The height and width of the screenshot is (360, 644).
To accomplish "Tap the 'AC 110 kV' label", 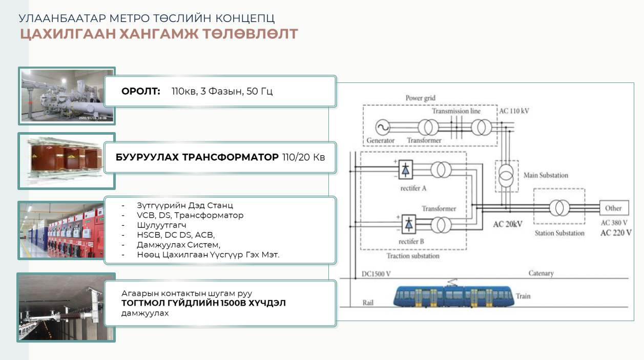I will point(515,111).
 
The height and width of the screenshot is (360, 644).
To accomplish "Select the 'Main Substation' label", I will point(546,175).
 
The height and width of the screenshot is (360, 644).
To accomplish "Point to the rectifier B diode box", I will point(408,224).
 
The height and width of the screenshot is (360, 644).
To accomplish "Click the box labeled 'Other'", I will point(613,208).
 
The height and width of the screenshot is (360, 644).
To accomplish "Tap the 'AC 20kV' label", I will point(507,224).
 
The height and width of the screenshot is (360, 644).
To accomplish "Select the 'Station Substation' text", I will point(559,233).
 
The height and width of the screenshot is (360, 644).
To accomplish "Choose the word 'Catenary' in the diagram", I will point(541,273).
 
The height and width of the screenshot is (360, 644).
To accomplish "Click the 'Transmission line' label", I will point(456,111).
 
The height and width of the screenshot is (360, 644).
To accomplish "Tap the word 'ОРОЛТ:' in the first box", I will point(141,92).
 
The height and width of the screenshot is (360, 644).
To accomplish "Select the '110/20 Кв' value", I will point(303,157).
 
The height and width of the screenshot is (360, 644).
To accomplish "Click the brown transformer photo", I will point(67,160).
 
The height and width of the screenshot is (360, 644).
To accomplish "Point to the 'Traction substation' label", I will point(413,256).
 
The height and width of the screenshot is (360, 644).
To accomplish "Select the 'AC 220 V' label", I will point(616,233).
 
